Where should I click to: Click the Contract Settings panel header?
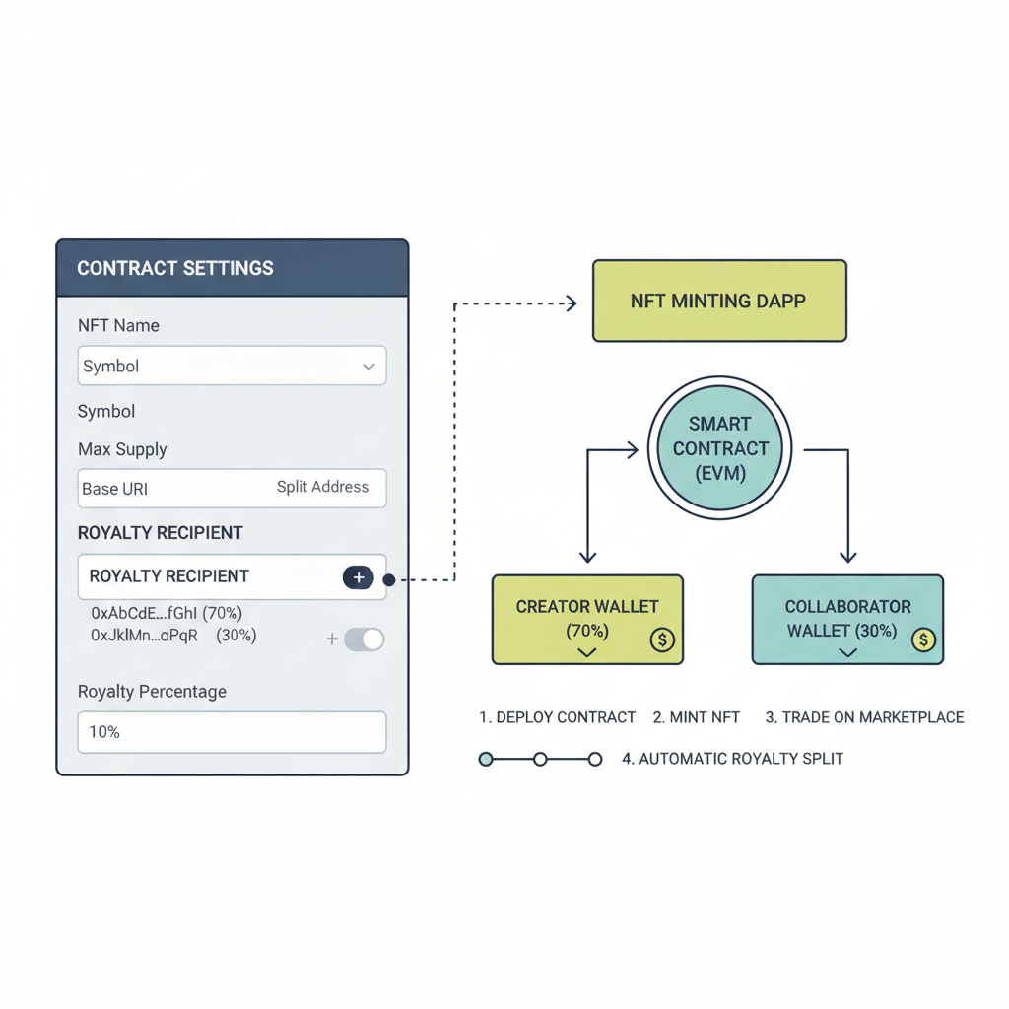coord(232,268)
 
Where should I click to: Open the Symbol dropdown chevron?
coord(369,367)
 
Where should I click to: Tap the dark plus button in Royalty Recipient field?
coord(358,577)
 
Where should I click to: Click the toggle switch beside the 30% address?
coord(364,639)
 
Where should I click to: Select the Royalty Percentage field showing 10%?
coord(232,733)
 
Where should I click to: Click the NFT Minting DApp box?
coord(718,301)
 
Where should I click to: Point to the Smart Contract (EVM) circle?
coord(720,448)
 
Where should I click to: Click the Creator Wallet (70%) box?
coord(587,619)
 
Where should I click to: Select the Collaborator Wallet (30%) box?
coord(846,619)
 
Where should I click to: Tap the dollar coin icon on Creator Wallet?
coord(662,640)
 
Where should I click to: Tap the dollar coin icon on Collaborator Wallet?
coord(922,640)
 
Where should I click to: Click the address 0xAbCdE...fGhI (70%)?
coord(167,613)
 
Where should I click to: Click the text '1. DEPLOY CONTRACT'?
coord(557,717)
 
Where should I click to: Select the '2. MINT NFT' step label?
coord(696,717)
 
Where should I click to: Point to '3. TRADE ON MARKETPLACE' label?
coord(864,717)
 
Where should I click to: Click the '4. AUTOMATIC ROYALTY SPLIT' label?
coord(732,759)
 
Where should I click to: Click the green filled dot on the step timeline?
coord(486,759)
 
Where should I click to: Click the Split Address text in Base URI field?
coord(322,487)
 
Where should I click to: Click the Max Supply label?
coord(122,449)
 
